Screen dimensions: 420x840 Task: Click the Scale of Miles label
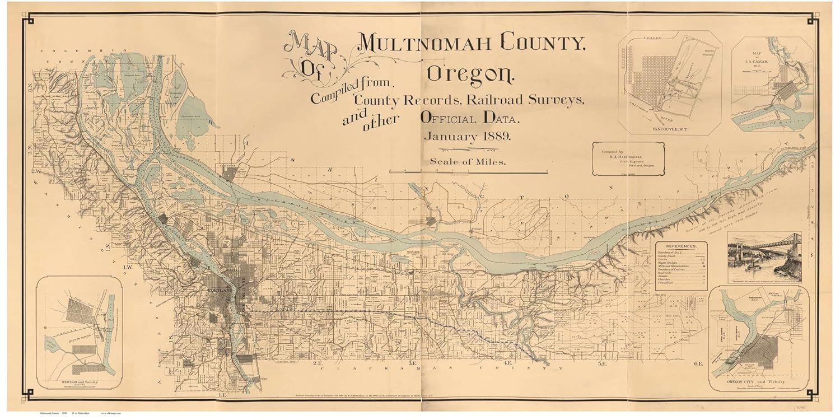tap(468, 162)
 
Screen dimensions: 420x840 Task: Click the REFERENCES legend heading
tap(681, 246)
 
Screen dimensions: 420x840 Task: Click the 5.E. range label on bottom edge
tap(603, 363)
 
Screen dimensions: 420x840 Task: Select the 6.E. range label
tap(698, 363)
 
